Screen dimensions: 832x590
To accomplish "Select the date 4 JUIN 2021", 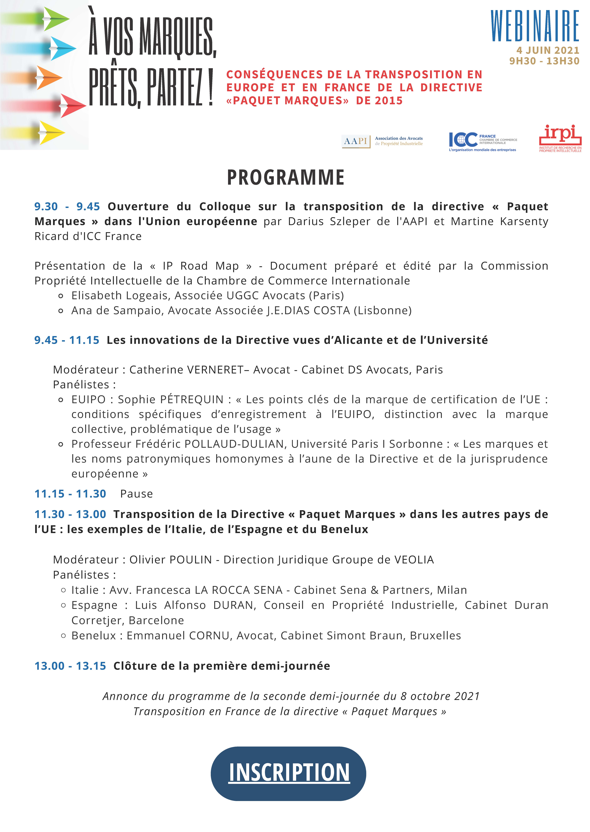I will [547, 50].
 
